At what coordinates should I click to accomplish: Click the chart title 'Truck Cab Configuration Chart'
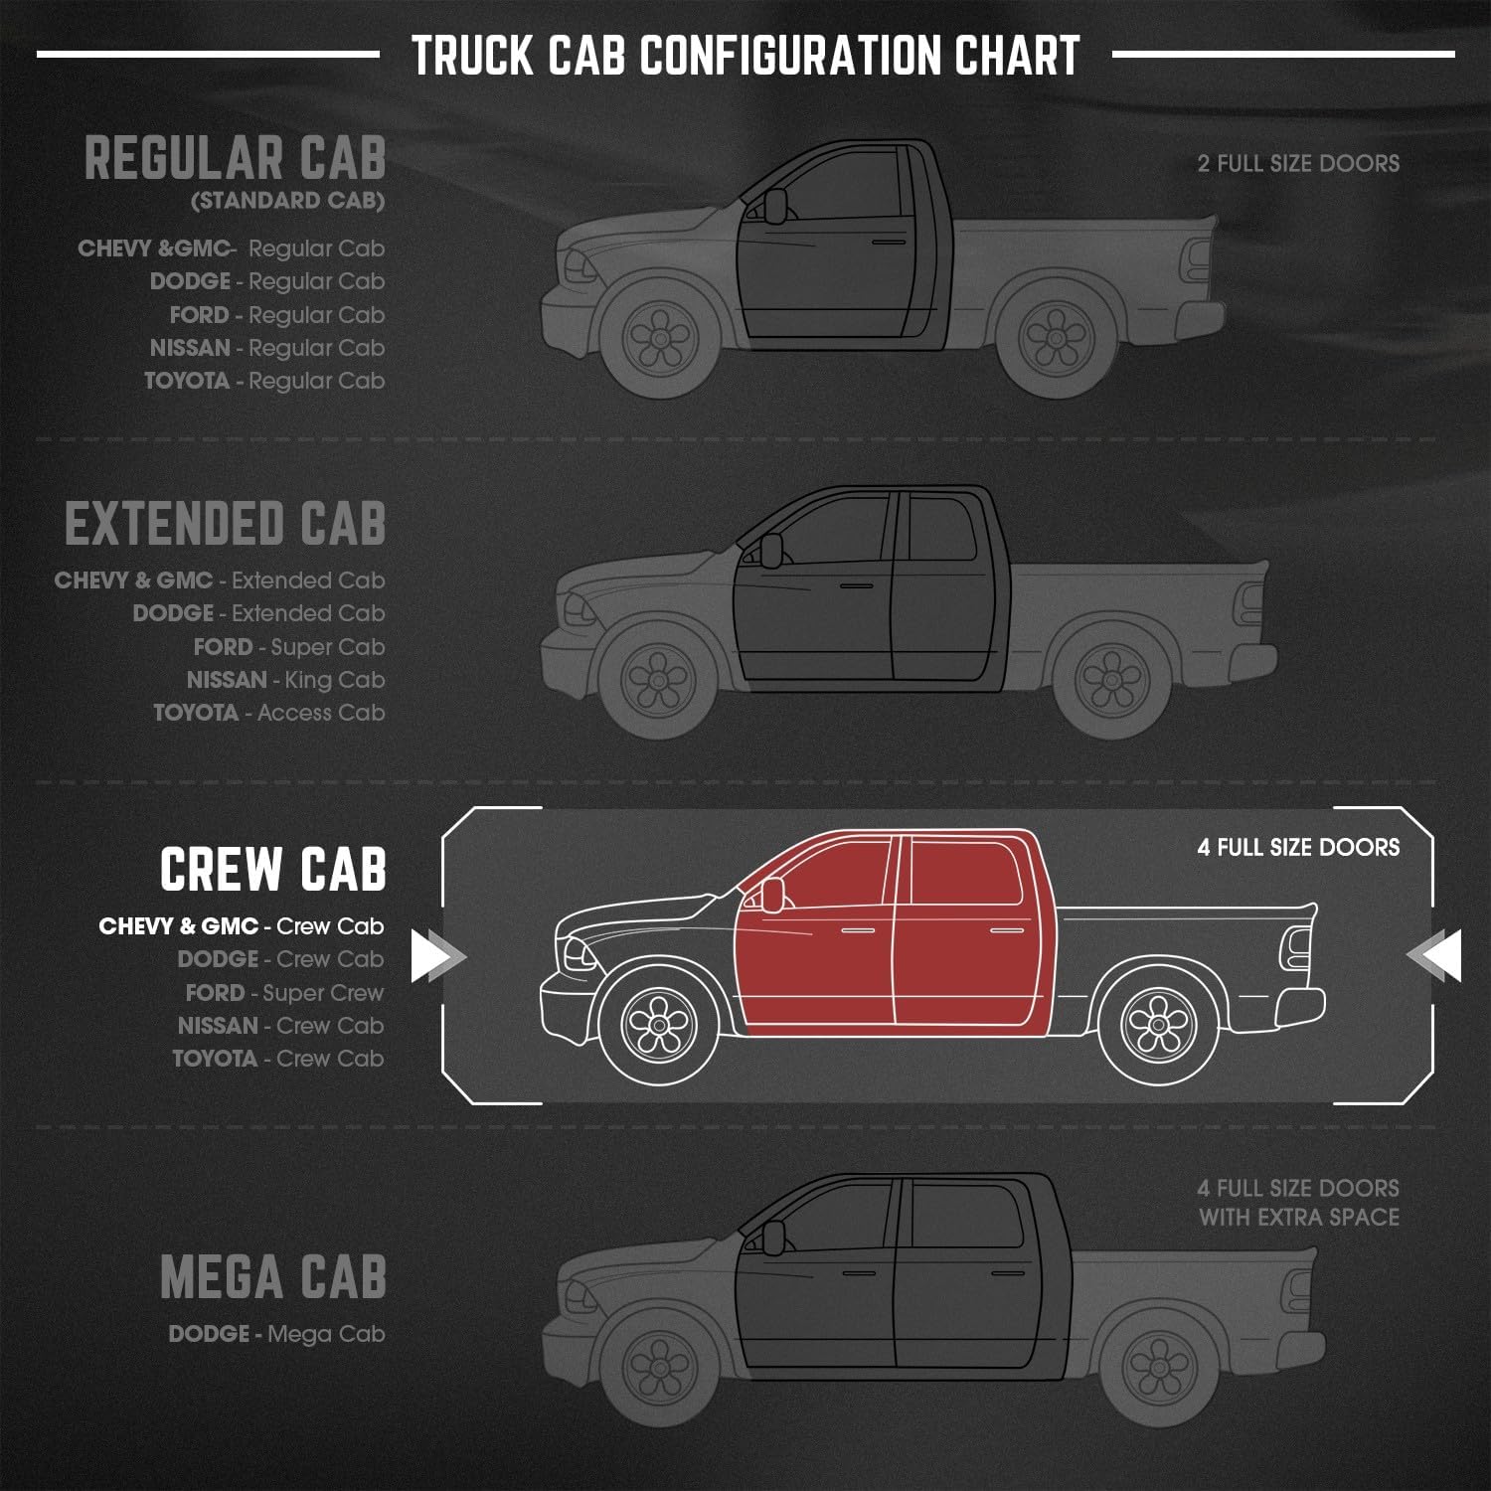(x=745, y=56)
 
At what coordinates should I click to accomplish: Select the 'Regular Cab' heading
(x=236, y=159)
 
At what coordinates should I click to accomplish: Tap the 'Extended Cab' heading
(x=226, y=524)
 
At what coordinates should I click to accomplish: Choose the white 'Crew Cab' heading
(x=273, y=870)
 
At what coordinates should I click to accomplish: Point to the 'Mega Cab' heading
(x=273, y=1277)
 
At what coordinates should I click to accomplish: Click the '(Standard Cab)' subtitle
(x=287, y=201)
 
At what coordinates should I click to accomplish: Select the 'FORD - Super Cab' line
(x=288, y=647)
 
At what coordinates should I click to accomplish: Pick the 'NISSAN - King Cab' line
(x=285, y=680)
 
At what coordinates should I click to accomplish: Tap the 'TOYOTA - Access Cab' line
(x=268, y=713)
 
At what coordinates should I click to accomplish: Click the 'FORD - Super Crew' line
(x=284, y=993)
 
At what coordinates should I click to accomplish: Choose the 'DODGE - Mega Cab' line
(x=276, y=1334)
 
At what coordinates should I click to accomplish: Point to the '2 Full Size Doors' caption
(x=1298, y=164)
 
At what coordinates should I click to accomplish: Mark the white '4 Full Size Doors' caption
(x=1298, y=848)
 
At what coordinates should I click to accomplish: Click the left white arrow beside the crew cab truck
(x=435, y=955)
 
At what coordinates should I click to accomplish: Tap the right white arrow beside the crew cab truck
(x=1437, y=955)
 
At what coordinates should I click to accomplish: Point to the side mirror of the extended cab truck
(x=771, y=549)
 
